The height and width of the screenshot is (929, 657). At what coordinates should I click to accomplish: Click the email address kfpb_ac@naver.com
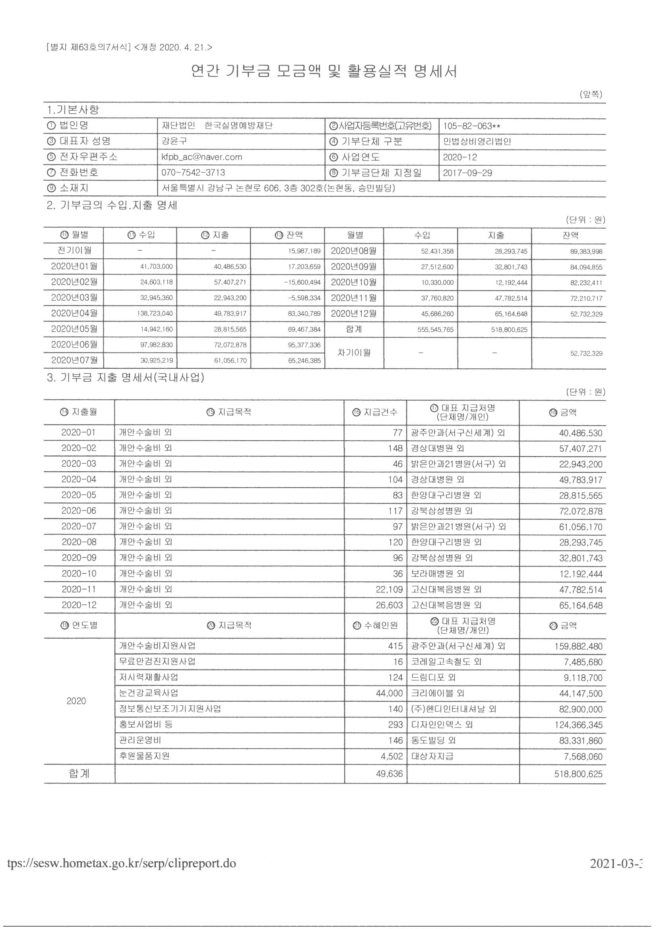click(202, 157)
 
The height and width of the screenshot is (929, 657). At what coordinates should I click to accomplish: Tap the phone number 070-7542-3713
click(193, 173)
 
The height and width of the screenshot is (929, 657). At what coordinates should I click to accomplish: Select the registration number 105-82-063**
click(472, 126)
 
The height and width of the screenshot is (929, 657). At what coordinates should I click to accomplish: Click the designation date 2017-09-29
click(467, 173)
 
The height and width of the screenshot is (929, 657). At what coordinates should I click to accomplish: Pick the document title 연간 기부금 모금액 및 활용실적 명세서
click(324, 72)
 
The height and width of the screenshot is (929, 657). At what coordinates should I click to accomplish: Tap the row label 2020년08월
click(353, 251)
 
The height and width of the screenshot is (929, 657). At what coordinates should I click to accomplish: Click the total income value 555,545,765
click(436, 330)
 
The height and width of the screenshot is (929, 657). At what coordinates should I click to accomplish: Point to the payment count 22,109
click(390, 590)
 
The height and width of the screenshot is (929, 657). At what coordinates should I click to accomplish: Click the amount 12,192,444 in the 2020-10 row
click(581, 574)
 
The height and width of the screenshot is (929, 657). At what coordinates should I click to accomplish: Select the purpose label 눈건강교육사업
click(149, 693)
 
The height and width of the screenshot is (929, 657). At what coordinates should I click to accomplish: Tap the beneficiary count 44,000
click(390, 693)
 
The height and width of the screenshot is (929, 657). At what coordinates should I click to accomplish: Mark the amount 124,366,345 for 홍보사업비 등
click(578, 725)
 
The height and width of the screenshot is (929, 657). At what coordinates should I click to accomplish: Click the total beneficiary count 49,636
click(390, 774)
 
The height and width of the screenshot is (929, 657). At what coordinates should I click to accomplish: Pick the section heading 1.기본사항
click(73, 110)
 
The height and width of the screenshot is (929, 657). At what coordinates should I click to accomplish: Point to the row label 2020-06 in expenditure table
click(79, 511)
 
